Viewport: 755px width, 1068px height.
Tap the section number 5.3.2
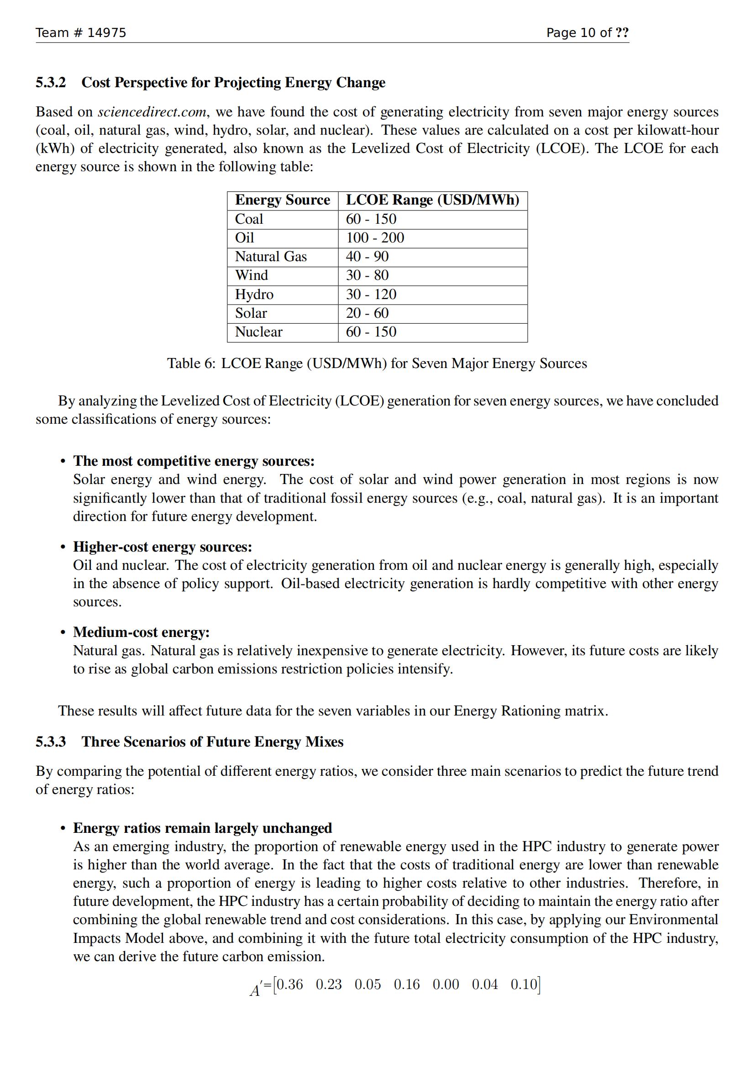(x=51, y=82)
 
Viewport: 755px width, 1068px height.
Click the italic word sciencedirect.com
(x=152, y=112)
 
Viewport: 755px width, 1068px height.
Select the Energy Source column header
(x=282, y=200)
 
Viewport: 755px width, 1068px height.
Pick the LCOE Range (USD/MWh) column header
(x=432, y=200)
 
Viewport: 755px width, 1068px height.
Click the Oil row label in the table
(x=245, y=238)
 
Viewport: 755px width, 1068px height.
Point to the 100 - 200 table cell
(x=375, y=238)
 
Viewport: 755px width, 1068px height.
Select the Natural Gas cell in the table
(x=271, y=257)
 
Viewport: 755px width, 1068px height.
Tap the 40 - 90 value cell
(x=367, y=257)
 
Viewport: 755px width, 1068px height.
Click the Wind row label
(x=251, y=275)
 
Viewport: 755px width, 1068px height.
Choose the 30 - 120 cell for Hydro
(x=371, y=295)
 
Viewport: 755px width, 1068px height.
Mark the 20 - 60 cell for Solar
(x=367, y=313)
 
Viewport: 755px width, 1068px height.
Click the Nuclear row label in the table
(x=258, y=332)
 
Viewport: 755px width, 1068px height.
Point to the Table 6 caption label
(x=191, y=363)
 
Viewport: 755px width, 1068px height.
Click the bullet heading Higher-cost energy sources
(x=162, y=547)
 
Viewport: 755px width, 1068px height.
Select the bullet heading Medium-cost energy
(x=142, y=632)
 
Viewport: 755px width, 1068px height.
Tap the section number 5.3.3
(x=51, y=742)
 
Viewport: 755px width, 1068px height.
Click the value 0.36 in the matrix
(x=289, y=985)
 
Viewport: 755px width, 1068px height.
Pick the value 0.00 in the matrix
(x=446, y=985)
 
